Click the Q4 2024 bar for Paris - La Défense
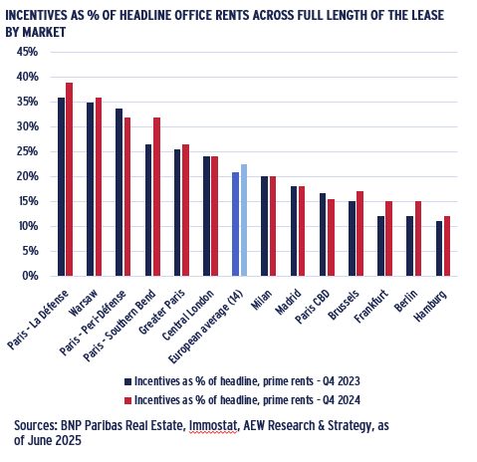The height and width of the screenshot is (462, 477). tap(69, 179)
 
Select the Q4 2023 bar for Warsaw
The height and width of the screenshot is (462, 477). tap(90, 189)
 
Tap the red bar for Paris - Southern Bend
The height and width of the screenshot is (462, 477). tap(156, 197)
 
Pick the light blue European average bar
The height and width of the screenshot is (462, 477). tap(244, 220)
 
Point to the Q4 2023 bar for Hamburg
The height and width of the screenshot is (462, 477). tap(439, 249)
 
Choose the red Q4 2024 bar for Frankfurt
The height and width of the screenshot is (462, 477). tap(388, 239)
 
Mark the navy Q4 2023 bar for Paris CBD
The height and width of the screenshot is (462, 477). tap(323, 235)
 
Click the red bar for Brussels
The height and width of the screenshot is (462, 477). tap(359, 234)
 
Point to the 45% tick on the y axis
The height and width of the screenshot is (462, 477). tap(27, 52)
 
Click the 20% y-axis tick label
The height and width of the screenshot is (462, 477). tap(27, 176)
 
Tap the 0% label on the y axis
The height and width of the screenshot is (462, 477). tap(30, 276)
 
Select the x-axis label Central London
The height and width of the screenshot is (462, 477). tap(188, 315)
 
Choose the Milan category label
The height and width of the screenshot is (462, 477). tap(262, 300)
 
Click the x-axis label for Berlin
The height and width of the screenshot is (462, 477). tap(405, 301)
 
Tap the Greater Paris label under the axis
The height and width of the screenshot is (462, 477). tap(161, 312)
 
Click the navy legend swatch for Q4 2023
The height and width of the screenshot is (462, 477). tap(128, 381)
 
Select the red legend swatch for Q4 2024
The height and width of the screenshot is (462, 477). tap(128, 400)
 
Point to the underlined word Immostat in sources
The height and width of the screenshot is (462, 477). tap(213, 426)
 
